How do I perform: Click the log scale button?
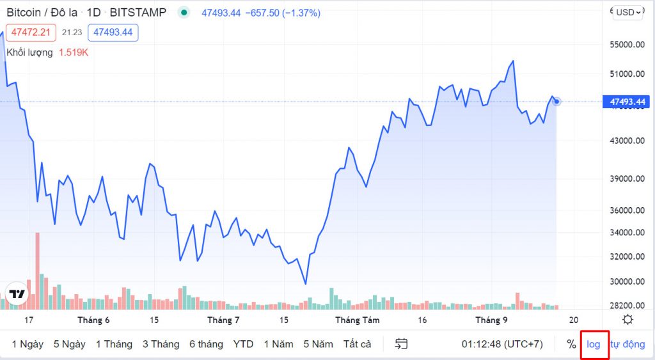(594, 344)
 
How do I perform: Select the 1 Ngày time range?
(28, 344)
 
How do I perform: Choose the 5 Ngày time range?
(69, 344)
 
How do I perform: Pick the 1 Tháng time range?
(114, 344)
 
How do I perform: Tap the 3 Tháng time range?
(161, 344)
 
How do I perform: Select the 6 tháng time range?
(206, 344)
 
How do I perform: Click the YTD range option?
(243, 344)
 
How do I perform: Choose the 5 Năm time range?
(318, 344)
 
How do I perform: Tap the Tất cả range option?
(357, 344)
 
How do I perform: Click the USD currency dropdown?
(627, 12)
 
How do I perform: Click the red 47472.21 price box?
(31, 32)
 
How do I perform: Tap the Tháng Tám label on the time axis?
(357, 320)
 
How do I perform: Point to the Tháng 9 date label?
(491, 320)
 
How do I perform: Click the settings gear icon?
(628, 320)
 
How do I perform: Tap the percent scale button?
(571, 344)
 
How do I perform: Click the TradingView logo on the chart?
(18, 294)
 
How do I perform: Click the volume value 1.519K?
(74, 52)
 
